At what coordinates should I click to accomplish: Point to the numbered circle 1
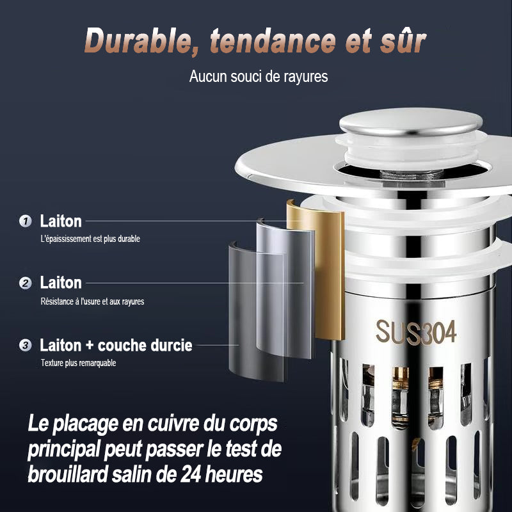25,221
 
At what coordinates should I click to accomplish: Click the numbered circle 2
25,283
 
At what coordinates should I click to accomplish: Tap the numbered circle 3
25,346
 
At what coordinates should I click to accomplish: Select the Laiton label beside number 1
61,221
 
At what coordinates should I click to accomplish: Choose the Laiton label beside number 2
61,283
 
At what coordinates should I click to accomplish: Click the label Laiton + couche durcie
116,346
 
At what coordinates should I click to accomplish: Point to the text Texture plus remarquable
78,363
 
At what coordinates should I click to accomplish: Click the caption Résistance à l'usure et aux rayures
92,301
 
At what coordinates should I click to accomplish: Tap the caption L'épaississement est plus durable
90,239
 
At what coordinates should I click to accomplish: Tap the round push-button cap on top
410,122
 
